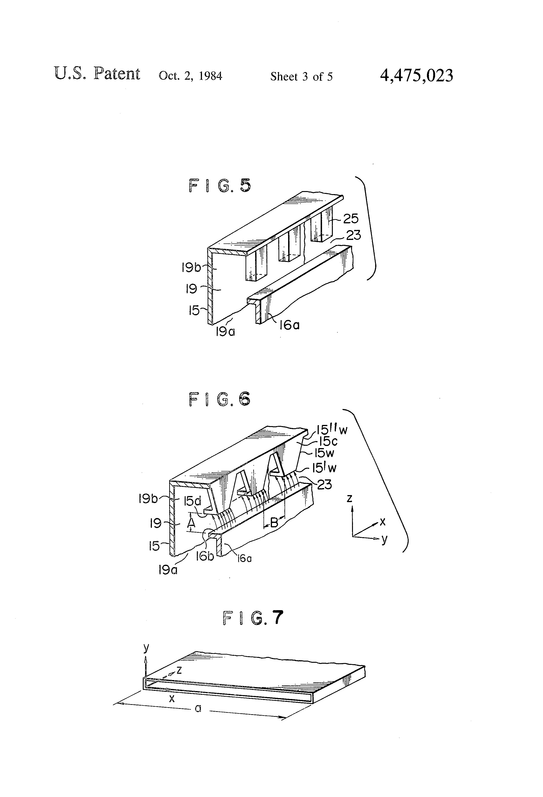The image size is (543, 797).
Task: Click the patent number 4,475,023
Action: tap(416, 76)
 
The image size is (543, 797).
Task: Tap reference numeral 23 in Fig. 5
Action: tap(353, 235)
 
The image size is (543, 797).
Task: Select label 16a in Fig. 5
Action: tap(289, 324)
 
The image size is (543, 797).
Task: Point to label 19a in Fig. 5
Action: tap(225, 332)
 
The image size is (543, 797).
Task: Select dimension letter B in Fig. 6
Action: tap(274, 523)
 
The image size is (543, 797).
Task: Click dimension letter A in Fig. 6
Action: tap(191, 523)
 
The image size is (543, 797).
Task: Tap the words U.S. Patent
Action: tap(97, 74)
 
